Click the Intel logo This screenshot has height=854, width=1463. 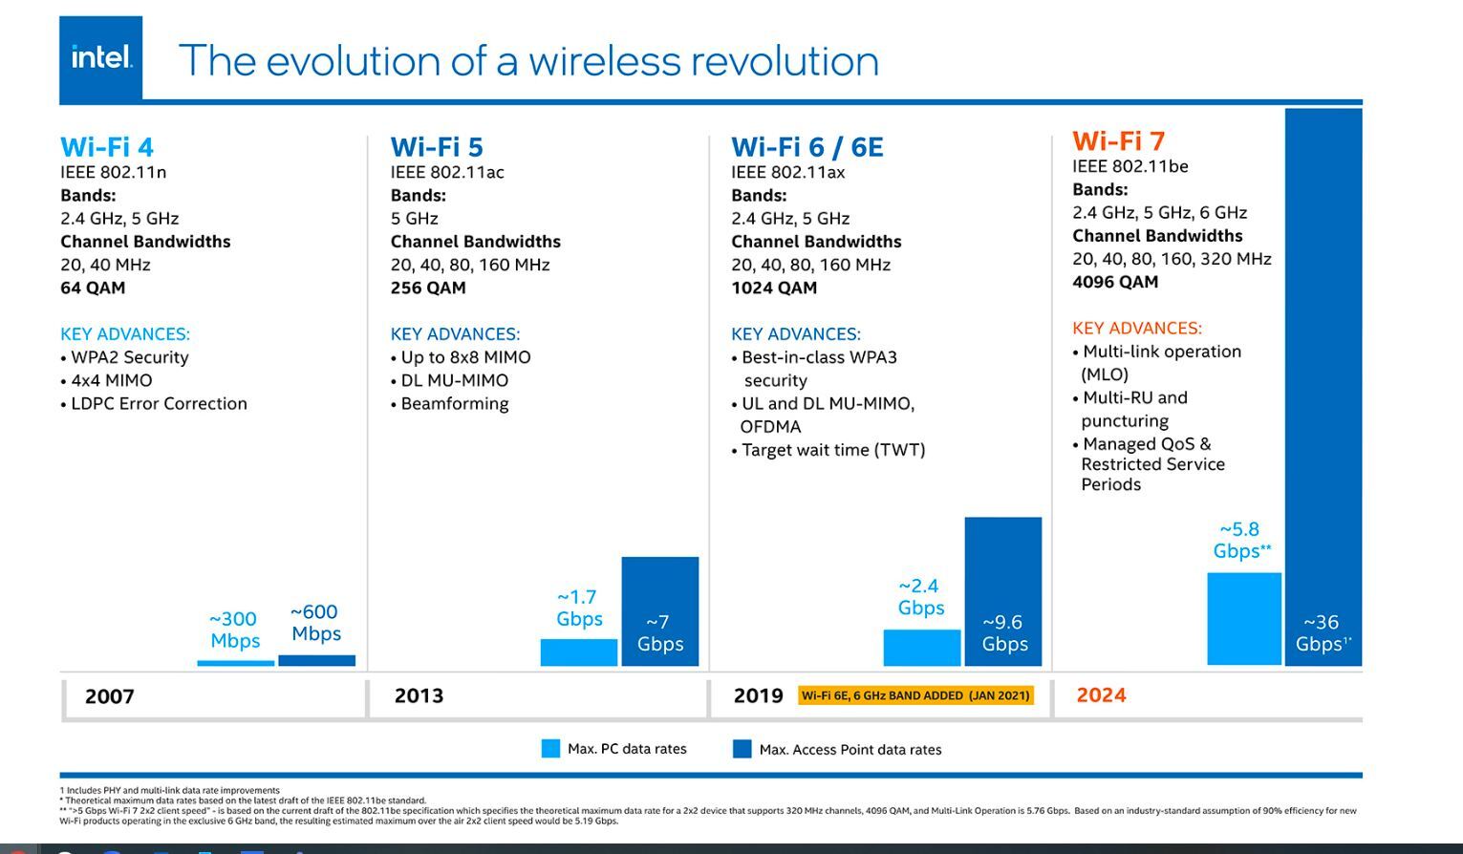[100, 58]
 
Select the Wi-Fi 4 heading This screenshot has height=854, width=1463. [107, 147]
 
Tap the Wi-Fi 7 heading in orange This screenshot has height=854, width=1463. [1118, 141]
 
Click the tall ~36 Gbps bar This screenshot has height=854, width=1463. [1323, 382]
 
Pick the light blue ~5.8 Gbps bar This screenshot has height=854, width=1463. [1243, 618]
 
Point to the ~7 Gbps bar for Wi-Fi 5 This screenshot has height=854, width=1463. [659, 611]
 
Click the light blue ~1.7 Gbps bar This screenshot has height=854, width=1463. [578, 652]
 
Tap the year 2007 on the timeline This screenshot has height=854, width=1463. [110, 696]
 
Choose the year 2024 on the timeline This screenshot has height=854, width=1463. [1101, 695]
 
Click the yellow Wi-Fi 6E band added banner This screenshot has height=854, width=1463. [915, 695]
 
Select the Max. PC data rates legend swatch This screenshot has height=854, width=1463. [550, 749]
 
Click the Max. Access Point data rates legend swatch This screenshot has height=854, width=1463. [742, 749]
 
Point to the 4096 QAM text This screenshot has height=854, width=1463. [1115, 282]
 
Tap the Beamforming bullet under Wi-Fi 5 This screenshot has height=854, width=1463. [454, 403]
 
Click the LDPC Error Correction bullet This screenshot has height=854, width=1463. [159, 403]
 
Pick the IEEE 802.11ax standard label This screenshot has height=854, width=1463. [787, 172]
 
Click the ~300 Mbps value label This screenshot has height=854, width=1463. [234, 630]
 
